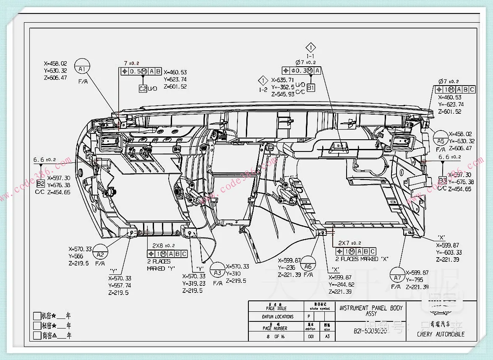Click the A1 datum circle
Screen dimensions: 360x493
coord(82,67)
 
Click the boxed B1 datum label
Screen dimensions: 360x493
coord(310,88)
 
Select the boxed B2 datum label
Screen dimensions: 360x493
coord(40,184)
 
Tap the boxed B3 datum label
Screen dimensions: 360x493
coord(442,180)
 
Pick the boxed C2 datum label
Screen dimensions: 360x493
coord(143,89)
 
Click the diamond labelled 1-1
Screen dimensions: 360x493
coord(310,47)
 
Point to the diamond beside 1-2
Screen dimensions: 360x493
coord(263,80)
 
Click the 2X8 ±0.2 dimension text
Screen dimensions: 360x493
coord(163,245)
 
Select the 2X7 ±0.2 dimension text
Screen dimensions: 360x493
coord(350,243)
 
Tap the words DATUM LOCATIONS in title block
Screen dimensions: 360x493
coord(278,317)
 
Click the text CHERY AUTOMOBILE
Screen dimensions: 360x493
coord(441,334)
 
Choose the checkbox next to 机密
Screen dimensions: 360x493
coord(37,316)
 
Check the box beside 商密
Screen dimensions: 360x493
coord(37,336)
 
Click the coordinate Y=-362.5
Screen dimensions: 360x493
coord(283,87)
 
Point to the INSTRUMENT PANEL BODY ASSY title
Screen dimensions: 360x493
coord(371,310)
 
